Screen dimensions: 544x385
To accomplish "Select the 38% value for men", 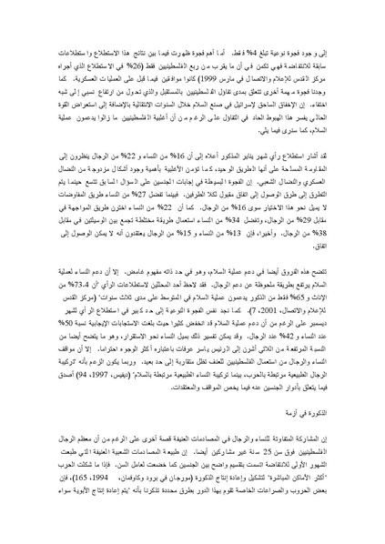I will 39,227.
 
